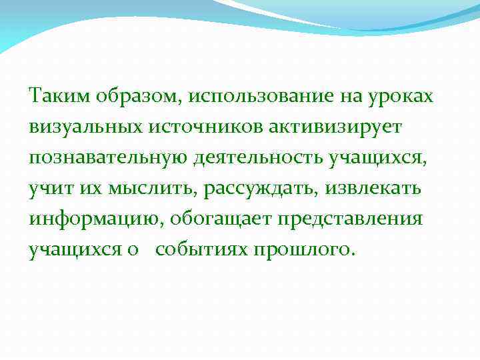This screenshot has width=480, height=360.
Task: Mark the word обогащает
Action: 224,220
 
